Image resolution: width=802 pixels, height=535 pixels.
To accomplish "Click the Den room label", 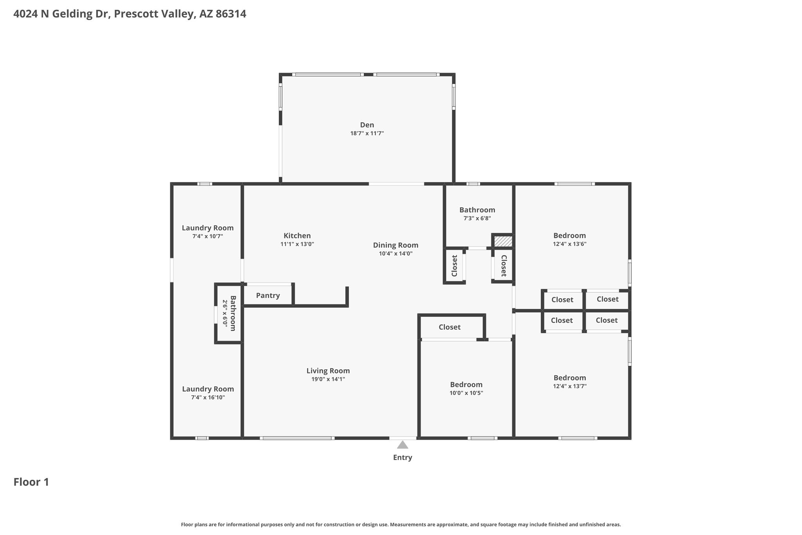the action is pos(367,125).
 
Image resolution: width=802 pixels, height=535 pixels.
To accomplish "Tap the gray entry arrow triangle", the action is pos(403,445).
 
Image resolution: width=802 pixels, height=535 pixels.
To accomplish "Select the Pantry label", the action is pos(268,296).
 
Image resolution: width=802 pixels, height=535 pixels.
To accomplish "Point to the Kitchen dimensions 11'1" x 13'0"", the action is pos(297,244).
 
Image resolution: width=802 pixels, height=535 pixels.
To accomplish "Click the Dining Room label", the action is pos(396,245).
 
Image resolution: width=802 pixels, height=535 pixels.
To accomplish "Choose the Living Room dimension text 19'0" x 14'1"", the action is pos(328,379).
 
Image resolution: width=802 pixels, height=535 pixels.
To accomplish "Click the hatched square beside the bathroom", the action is pos(503,241).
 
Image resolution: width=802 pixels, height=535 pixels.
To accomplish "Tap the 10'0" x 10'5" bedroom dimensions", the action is pos(466,393).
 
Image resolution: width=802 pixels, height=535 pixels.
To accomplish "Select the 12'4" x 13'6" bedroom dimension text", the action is pos(570,244).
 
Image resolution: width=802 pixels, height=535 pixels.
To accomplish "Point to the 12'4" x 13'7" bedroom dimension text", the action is pos(570,386).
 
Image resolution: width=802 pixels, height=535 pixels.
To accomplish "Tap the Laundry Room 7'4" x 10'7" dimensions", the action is pos(208,236).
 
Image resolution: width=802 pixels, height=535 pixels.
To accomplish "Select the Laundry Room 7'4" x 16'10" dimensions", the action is pos(208,397).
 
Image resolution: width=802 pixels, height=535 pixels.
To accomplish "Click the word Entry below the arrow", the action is pos(403,457).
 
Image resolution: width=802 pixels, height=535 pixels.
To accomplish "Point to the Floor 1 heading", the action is pos(31,482).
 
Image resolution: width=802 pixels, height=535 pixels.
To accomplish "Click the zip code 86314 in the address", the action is pos(231,14).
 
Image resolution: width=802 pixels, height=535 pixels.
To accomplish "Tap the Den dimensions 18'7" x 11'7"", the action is pos(367,134).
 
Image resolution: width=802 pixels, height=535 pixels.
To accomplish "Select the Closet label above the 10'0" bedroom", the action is pos(450,327).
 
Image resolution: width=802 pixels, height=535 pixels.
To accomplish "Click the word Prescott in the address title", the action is pos(134,14).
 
